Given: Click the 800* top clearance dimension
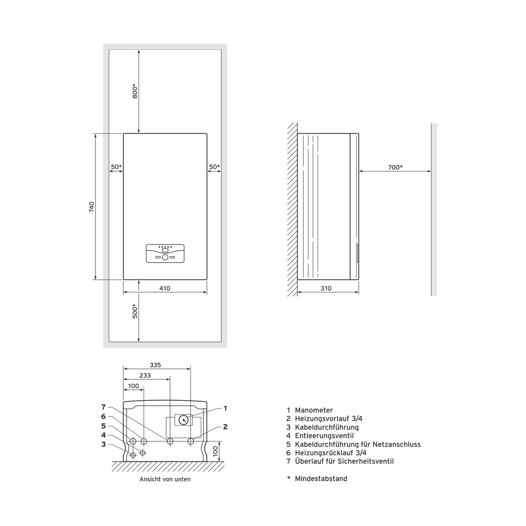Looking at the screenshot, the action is click(135, 91).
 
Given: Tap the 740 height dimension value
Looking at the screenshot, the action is click(92, 207).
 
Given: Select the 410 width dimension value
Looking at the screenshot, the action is click(165, 288).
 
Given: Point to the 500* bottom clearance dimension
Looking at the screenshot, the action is click(135, 311).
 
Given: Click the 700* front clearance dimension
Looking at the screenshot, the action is click(395, 167).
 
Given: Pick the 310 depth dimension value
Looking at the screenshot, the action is click(326, 288).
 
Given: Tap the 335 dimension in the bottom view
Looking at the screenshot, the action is click(155, 365).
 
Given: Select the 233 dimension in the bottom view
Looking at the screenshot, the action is click(145, 376).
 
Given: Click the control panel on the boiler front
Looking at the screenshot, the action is click(165, 254).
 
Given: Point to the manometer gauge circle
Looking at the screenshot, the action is click(184, 420).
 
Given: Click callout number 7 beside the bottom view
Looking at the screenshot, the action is click(103, 407).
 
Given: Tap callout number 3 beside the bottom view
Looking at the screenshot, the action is click(103, 445).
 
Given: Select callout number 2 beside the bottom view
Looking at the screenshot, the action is click(225, 427).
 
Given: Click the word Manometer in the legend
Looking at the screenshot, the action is click(314, 410).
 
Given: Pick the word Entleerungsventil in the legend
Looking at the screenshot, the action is click(324, 436).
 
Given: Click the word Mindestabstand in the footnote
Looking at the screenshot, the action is click(321, 479).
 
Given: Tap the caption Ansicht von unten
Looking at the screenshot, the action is click(165, 479).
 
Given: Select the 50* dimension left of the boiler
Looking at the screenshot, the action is click(116, 167).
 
